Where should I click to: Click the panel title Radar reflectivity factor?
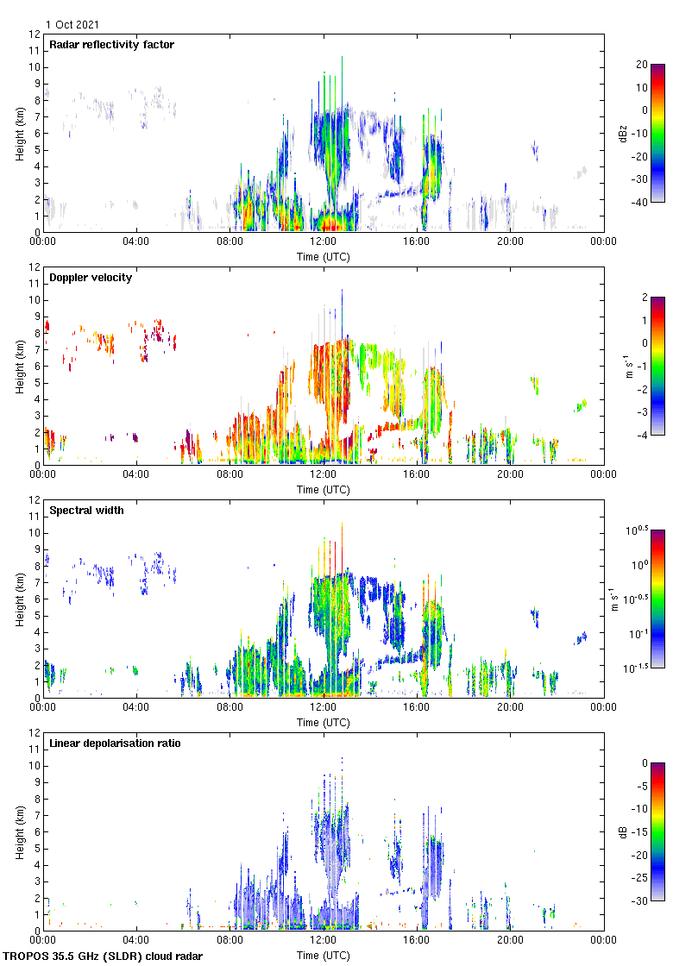111,45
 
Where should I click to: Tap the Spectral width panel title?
85,511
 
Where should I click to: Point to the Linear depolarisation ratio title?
115,743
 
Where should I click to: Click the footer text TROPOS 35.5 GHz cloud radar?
104,957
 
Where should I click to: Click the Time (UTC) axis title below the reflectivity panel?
324,256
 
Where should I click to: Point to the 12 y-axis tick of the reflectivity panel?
35,34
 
